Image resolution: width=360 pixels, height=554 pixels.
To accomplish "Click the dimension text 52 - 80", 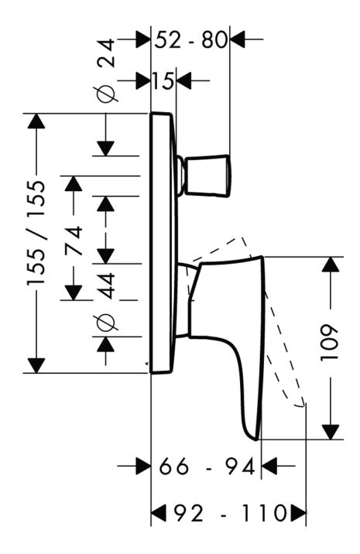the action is click(191, 39).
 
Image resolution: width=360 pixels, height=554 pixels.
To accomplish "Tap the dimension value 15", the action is click(163, 80).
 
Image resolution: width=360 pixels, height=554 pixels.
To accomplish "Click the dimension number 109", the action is click(330, 342).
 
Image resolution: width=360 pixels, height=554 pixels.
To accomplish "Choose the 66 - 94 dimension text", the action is click(207, 467).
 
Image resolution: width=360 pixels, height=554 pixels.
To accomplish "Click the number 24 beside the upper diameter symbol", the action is click(106, 53).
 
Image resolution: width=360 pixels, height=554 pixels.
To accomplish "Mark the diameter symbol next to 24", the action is click(108, 94).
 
